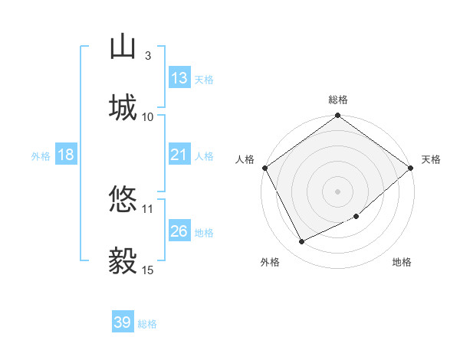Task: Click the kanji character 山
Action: coord(123,46)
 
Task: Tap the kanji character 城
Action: coord(123,106)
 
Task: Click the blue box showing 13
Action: coord(179,78)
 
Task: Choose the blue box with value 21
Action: coord(179,155)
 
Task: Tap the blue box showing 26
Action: coord(179,231)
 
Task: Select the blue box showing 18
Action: coord(66,155)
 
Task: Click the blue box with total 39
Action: coord(123,322)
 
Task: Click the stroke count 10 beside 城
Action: coord(148,116)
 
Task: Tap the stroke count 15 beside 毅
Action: coord(148,270)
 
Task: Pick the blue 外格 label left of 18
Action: coord(41,155)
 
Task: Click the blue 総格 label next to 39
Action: coord(147,324)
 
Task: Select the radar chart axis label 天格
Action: coord(431,159)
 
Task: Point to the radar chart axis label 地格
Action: coord(402,263)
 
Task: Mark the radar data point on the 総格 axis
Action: coord(337,116)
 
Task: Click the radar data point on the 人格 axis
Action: coord(264,168)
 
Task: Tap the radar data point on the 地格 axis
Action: coord(356,217)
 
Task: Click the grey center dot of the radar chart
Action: coord(337,191)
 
